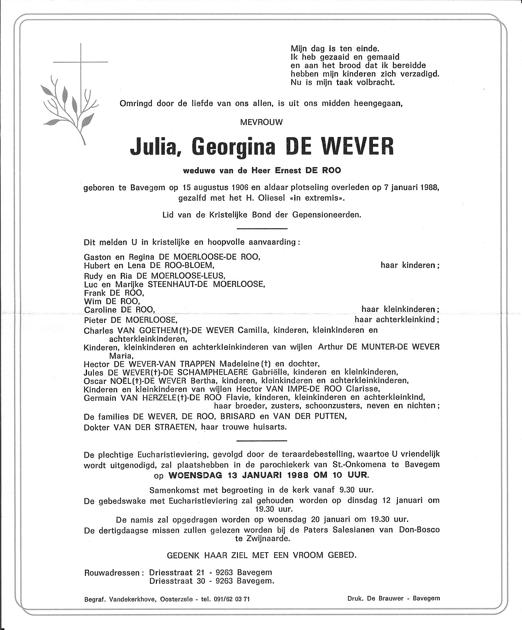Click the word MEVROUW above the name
pos(261,122)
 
